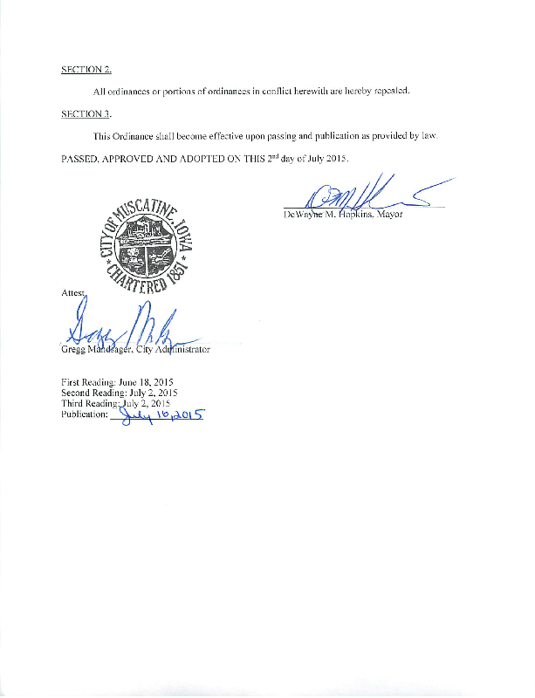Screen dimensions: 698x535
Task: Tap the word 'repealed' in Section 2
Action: tap(391, 92)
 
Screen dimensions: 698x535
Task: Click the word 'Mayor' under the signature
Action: tap(389, 214)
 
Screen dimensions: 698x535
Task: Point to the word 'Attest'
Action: tap(73, 295)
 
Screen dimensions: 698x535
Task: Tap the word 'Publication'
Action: tap(84, 415)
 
